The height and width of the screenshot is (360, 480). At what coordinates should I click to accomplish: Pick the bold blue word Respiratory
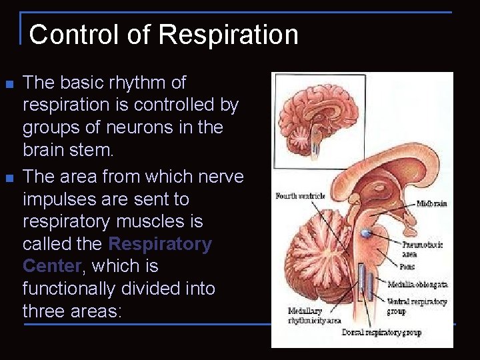click(160, 244)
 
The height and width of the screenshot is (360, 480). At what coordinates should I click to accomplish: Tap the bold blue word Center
click(51, 266)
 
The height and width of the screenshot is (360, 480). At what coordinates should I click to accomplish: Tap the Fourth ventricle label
click(299, 196)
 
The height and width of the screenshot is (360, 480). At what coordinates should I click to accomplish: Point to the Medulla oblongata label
click(417, 284)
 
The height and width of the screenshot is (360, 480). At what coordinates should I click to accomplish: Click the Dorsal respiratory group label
click(382, 332)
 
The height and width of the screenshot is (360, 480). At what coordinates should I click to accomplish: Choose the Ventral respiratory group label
click(417, 306)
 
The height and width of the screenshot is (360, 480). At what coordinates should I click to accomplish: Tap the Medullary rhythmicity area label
click(310, 315)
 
